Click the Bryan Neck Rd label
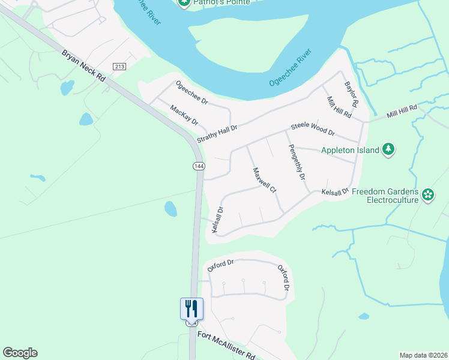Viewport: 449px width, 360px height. (x=83, y=66)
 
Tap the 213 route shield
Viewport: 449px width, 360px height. (x=119, y=67)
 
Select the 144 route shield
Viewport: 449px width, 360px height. (x=199, y=164)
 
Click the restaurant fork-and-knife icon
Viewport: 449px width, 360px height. (x=192, y=308)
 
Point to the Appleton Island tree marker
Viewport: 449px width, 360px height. (x=389, y=149)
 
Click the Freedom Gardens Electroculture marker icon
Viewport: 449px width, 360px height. (x=427, y=194)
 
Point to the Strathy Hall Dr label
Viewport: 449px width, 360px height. (x=218, y=133)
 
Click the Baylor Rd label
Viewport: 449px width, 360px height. (x=351, y=95)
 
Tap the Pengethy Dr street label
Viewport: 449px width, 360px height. (x=297, y=162)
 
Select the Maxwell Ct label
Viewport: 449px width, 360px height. (x=264, y=180)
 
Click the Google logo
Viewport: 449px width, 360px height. (x=20, y=353)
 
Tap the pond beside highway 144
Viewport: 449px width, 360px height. (x=171, y=209)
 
